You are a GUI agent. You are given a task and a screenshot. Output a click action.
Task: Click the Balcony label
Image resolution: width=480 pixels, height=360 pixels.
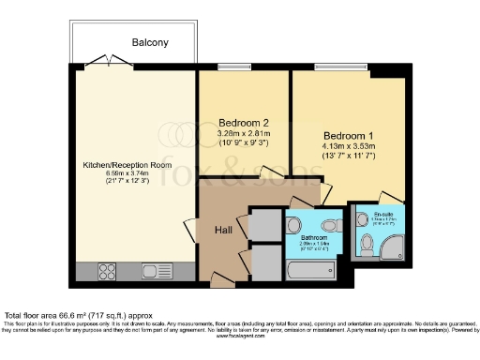tap(150, 42)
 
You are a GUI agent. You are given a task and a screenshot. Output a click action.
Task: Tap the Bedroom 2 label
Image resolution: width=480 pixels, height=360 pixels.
tap(244, 123)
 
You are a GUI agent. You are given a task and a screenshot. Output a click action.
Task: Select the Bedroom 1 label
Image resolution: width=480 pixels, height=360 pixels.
tap(349, 134)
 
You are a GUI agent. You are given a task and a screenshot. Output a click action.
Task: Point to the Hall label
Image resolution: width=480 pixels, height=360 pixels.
tap(223, 231)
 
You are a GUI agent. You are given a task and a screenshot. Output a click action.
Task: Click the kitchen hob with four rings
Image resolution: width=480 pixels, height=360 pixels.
tap(106, 272)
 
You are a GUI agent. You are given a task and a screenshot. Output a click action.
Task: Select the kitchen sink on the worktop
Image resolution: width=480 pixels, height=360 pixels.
tap(150, 272)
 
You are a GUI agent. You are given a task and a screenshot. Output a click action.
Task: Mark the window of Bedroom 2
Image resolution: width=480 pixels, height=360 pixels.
tap(235, 67)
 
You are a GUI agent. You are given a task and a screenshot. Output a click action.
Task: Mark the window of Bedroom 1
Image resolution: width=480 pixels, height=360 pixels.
tap(350, 67)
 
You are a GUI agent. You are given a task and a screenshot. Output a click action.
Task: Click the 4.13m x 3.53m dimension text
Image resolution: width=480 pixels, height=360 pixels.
tap(349, 146)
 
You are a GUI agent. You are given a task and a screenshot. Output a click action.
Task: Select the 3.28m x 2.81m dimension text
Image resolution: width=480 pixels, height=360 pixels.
tap(244, 134)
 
